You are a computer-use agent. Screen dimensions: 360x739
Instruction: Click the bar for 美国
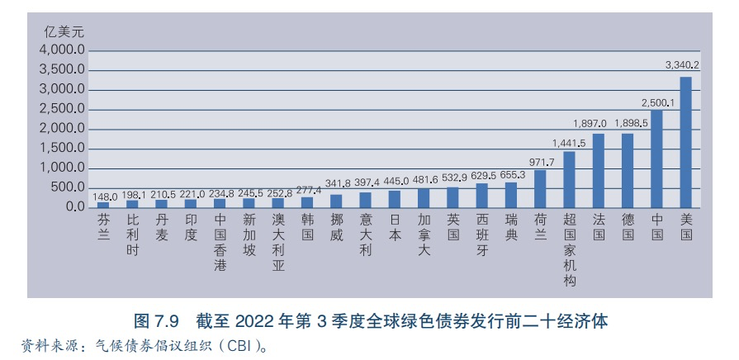pos(685,142)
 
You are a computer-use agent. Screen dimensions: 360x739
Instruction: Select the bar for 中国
pos(656,159)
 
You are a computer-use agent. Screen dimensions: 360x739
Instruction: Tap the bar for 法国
pos(599,170)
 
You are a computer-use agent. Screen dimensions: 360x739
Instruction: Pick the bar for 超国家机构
pos(569,179)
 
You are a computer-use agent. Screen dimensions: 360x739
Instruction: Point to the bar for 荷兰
pos(540,188)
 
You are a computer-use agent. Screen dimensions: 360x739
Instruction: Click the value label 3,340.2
pos(682,64)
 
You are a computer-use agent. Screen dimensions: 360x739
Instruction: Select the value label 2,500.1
pos(657,103)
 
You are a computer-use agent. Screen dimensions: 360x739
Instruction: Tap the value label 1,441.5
pos(569,143)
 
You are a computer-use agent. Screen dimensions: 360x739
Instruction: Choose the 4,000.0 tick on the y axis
pos(63,50)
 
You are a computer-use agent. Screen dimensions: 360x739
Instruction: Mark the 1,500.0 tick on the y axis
pos(63,149)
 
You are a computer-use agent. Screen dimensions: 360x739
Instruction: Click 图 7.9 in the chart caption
pos(157,321)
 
